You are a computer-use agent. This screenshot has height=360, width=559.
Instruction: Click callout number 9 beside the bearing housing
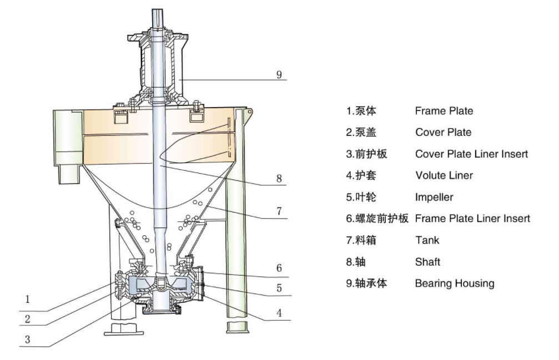(279, 74)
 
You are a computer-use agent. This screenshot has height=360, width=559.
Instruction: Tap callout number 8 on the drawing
(279, 179)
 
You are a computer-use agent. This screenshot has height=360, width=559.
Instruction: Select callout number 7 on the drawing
(279, 211)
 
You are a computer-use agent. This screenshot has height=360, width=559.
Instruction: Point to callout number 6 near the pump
(279, 268)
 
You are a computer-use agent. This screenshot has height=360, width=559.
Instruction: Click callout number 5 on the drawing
(279, 288)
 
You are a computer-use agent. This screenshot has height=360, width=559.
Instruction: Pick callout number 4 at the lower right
(279, 313)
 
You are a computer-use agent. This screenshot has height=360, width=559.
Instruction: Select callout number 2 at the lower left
(27, 318)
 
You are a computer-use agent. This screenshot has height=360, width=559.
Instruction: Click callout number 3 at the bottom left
(27, 339)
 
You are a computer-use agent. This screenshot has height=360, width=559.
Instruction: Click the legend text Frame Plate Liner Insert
(472, 219)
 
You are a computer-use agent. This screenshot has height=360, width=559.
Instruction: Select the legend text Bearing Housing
(454, 283)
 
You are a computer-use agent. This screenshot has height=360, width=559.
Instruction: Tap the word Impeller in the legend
(434, 197)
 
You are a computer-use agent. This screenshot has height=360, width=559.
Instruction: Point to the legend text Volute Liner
(444, 175)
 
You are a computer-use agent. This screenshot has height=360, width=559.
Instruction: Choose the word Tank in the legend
(427, 240)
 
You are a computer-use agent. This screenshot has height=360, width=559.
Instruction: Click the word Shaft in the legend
(427, 262)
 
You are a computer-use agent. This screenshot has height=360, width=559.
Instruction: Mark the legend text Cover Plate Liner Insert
(471, 154)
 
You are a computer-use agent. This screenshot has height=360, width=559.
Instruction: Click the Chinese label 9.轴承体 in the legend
(366, 283)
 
